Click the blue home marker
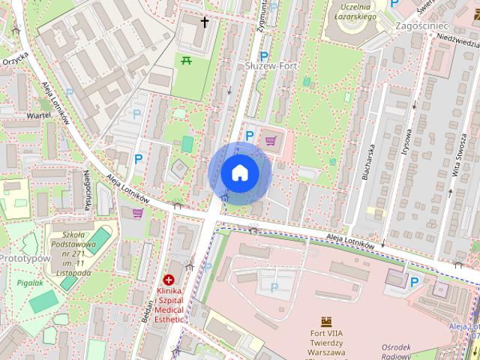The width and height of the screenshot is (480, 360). click(240, 172)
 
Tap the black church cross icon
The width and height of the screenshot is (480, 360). click(205, 22)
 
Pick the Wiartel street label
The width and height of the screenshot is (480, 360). click(38, 115)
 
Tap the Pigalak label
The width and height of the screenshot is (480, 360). click(30, 283)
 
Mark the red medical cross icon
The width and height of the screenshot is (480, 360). click(169, 280)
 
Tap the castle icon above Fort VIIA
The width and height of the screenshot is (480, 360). click(326, 322)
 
